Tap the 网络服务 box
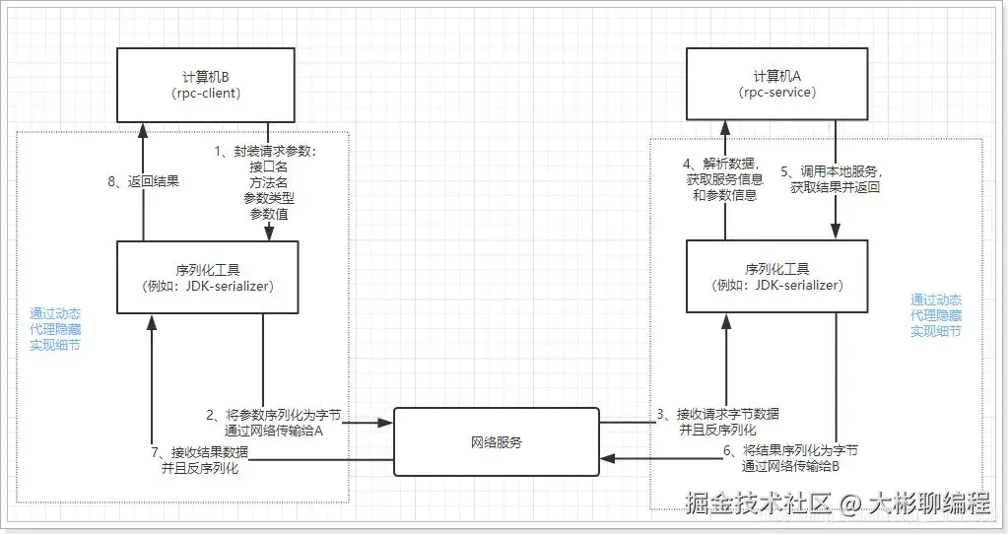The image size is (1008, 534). pyautogui.click(x=497, y=442)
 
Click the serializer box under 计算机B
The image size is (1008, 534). pyautogui.click(x=208, y=277)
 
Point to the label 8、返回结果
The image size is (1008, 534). pyautogui.click(x=142, y=181)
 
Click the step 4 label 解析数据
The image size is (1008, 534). pyautogui.click(x=721, y=165)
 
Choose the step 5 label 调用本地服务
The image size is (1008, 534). pyautogui.click(x=834, y=171)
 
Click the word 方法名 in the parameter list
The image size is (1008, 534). pyautogui.click(x=269, y=182)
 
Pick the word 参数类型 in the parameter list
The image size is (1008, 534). pyautogui.click(x=269, y=198)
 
